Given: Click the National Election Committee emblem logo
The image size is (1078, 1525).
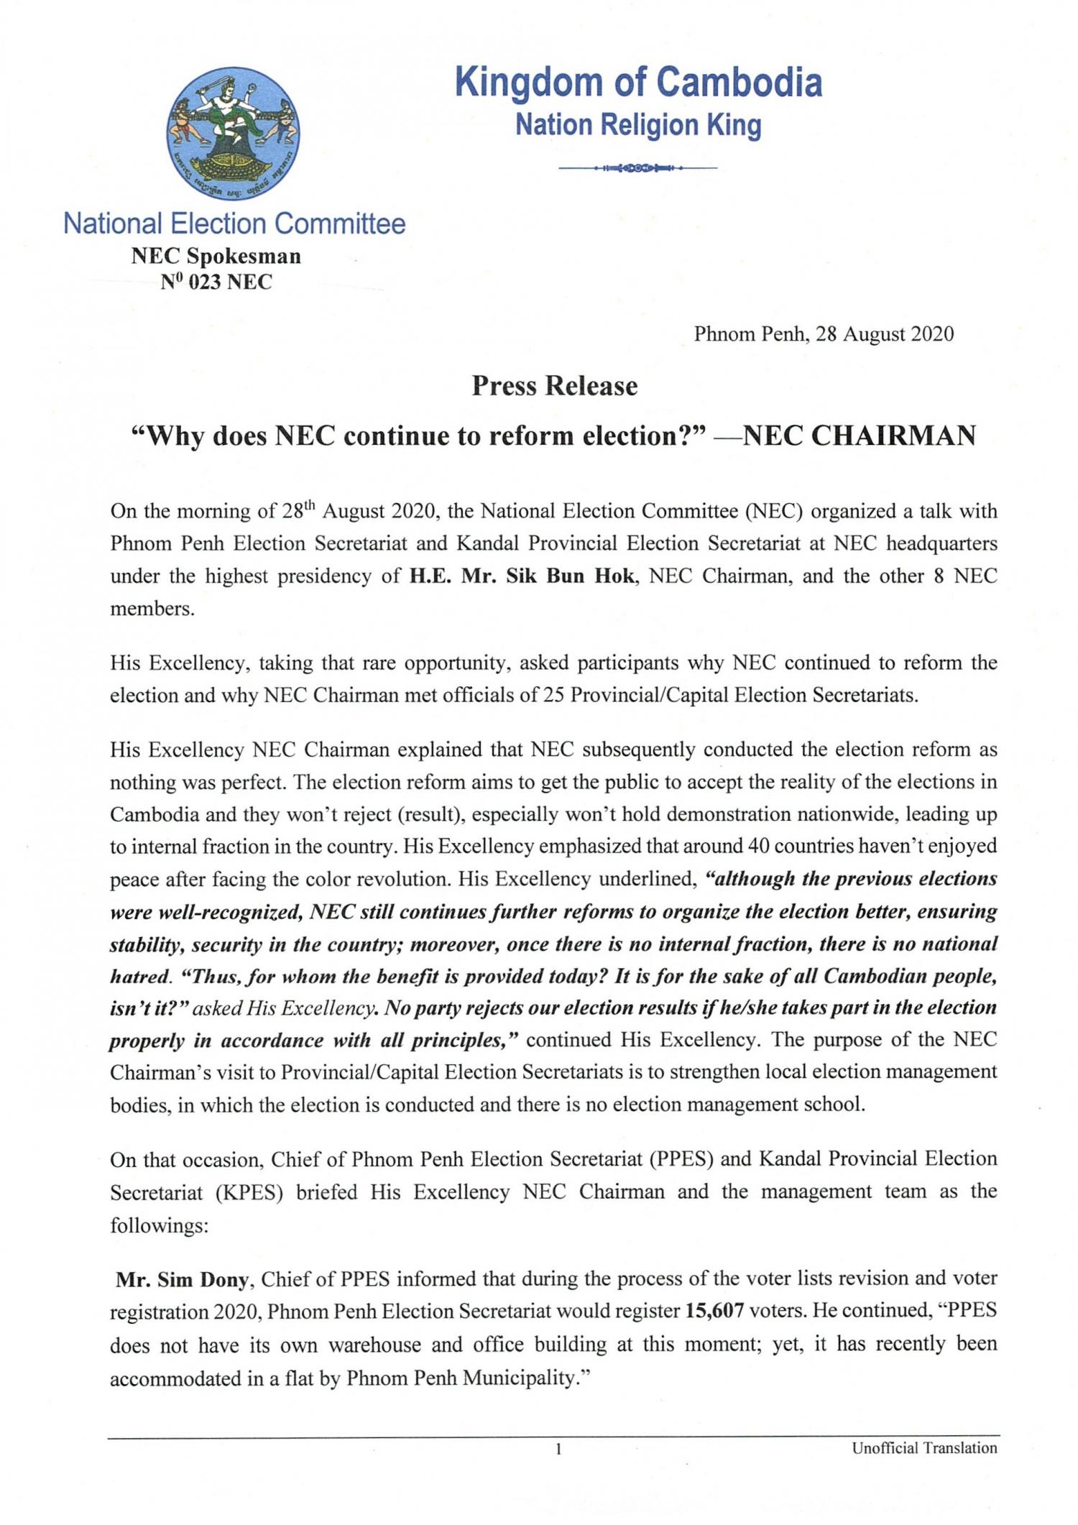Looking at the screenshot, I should [x=233, y=134].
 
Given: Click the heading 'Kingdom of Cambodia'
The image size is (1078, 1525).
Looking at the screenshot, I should [x=638, y=82].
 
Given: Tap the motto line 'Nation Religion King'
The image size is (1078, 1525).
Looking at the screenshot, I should [x=638, y=125].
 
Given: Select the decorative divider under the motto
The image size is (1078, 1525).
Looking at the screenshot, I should [x=638, y=168].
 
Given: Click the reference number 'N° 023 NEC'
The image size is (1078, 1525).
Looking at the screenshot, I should [x=216, y=282].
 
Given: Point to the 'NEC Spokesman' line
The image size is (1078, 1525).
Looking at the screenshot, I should [x=216, y=256].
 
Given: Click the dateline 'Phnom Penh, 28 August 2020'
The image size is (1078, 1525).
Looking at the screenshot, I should [x=824, y=334].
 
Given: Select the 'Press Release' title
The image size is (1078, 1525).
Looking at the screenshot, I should [x=554, y=387].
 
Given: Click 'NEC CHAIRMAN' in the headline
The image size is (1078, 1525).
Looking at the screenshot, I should [x=858, y=436].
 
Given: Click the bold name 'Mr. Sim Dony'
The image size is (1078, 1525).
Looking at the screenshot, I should [x=183, y=1278].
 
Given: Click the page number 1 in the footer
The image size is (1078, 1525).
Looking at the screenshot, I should [x=558, y=1450].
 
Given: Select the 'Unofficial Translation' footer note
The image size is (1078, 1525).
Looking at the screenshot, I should [x=924, y=1448].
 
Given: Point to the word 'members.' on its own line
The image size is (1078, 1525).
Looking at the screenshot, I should [x=152, y=609].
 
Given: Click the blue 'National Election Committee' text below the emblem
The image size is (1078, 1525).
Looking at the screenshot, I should [x=234, y=224].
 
